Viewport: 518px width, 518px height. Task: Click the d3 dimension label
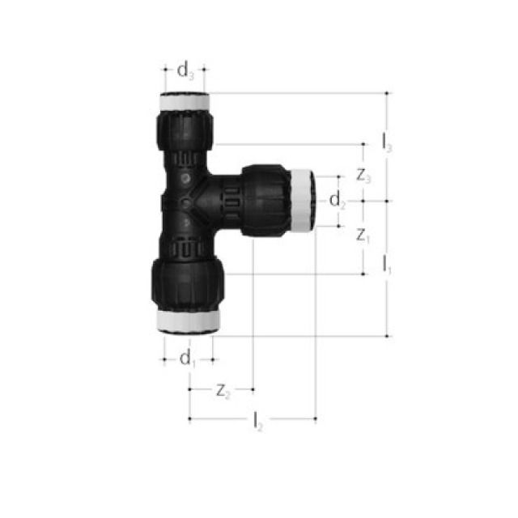pos(186,72)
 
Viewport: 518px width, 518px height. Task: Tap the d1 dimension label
pos(188,358)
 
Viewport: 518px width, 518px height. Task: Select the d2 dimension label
pos(338,201)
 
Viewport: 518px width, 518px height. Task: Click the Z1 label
pos(363,236)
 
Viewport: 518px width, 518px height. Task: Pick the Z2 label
pos(223,391)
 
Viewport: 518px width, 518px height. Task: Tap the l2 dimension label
pos(257,421)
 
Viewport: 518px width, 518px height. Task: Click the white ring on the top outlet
pos(186,103)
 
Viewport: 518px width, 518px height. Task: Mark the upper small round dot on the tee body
pos(185,176)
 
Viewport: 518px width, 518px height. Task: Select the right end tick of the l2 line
pos(316,418)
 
